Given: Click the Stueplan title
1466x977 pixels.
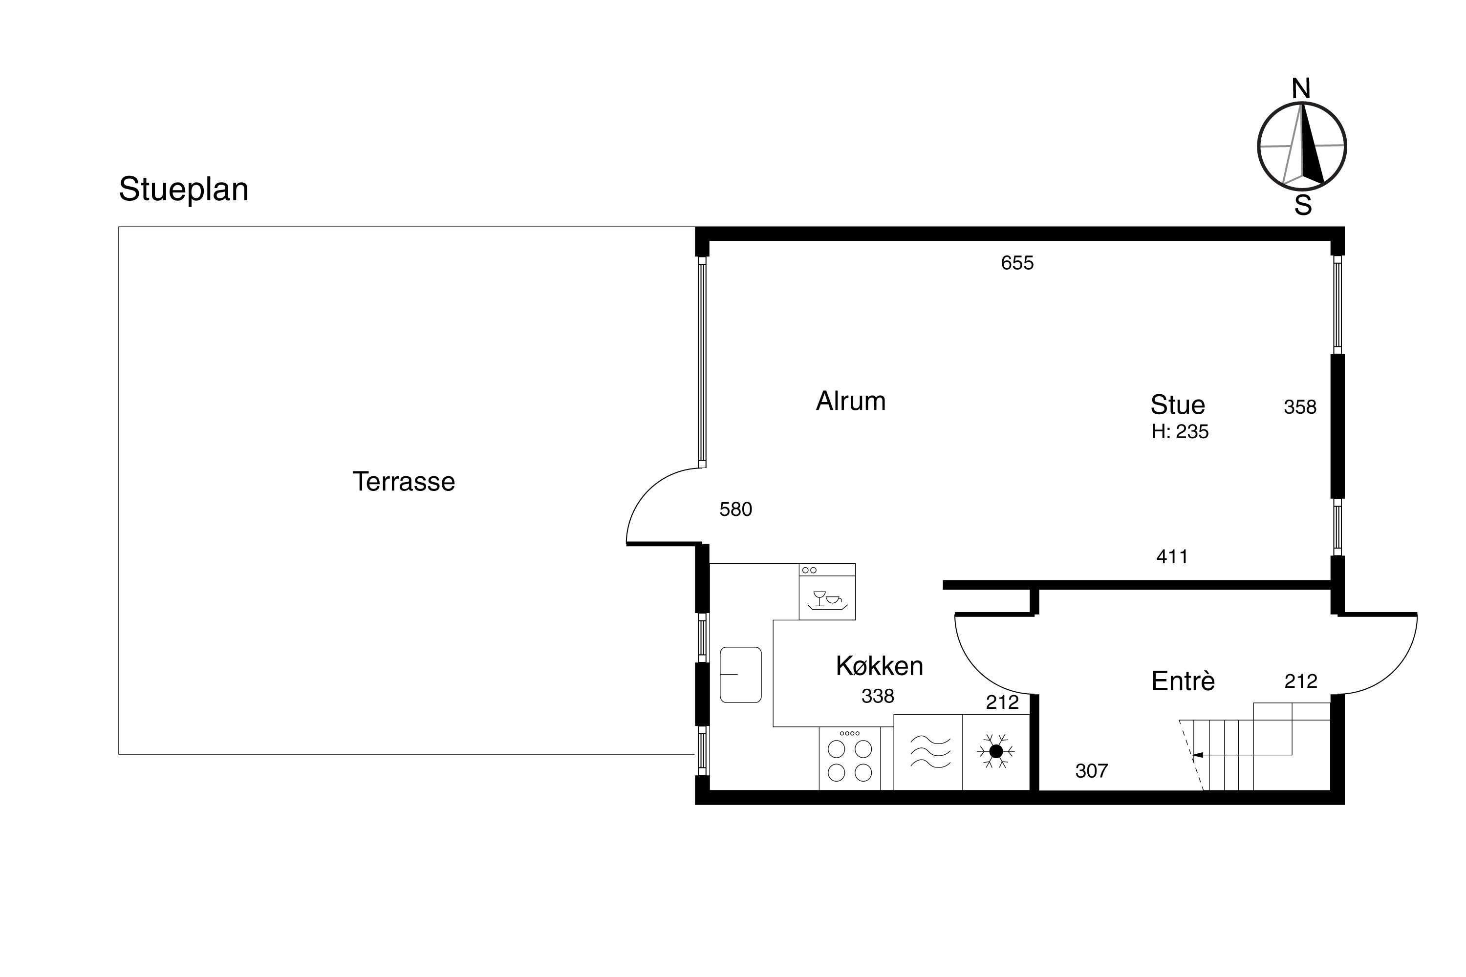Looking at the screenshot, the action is click(183, 190).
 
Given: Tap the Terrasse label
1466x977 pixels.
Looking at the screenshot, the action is click(404, 482).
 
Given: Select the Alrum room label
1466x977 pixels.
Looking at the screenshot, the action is click(851, 401).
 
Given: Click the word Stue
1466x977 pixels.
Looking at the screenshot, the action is click(1177, 405).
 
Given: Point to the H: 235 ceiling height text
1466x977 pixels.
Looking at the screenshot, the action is click(1180, 432).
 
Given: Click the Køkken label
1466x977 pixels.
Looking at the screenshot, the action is click(880, 666).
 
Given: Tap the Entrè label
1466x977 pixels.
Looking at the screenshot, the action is click(1183, 681).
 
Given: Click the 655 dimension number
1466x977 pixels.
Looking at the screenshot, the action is click(1017, 263).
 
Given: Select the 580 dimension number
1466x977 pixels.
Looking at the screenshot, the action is click(735, 510).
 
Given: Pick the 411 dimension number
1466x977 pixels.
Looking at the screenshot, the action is click(1172, 556).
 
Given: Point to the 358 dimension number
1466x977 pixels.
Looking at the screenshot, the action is click(1300, 407).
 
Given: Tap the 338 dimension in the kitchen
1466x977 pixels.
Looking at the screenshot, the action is click(878, 696).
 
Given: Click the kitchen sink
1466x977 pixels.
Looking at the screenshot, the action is click(740, 675).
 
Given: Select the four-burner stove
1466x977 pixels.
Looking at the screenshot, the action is click(850, 758).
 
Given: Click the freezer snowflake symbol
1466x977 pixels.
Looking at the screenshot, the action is click(996, 751).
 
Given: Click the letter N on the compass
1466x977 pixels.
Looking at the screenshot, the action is click(1300, 89).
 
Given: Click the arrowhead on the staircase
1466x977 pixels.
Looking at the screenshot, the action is click(1197, 755).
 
